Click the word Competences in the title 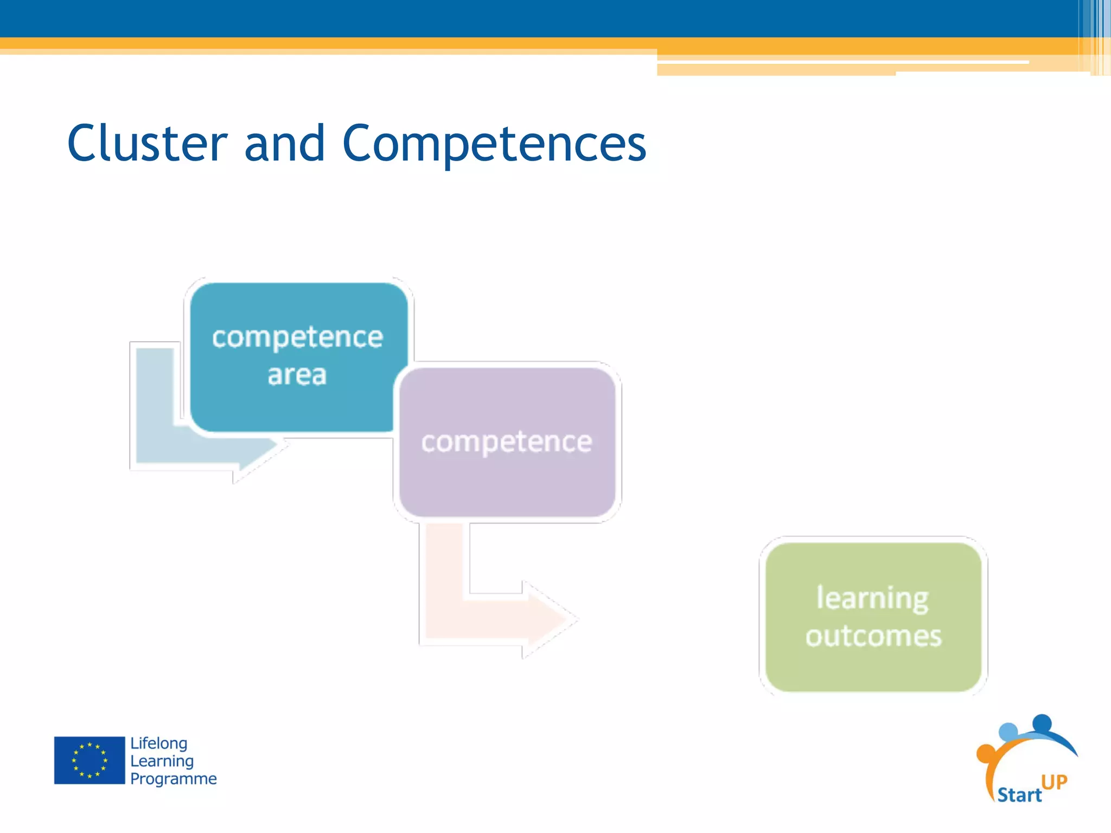click(x=494, y=144)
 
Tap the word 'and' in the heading click(x=284, y=143)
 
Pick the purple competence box click(x=507, y=477)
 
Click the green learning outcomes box click(x=873, y=667)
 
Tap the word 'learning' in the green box click(x=872, y=598)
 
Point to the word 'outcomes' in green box click(x=873, y=636)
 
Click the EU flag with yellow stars click(x=90, y=760)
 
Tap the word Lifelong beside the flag click(x=158, y=744)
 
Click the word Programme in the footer click(x=173, y=779)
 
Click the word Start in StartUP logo click(x=1019, y=794)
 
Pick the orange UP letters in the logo click(x=1054, y=781)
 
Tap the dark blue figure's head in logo click(x=1042, y=723)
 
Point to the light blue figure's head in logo click(x=1008, y=732)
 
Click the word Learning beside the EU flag click(x=162, y=761)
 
